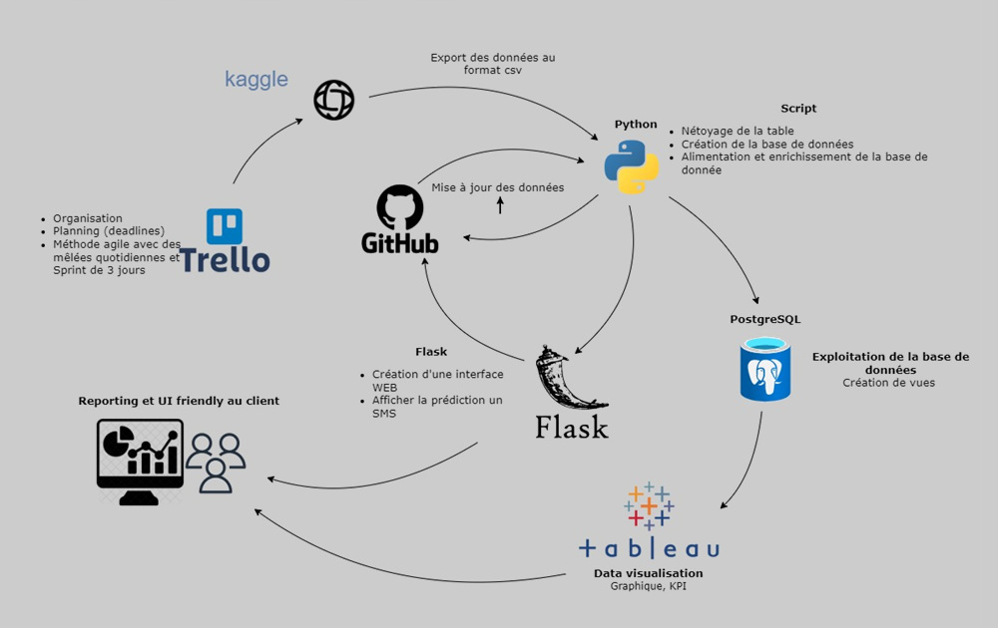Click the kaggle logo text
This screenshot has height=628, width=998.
[x=256, y=80]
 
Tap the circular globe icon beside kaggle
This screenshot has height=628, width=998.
[x=333, y=101]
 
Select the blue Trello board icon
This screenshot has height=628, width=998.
[x=225, y=226]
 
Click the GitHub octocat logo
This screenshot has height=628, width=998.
[x=400, y=208]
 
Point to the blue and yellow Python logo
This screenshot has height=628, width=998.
[x=631, y=166]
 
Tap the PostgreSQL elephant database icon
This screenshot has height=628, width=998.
[x=765, y=370]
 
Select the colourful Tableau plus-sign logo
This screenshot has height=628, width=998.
[x=649, y=506]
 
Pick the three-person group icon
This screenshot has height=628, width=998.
[x=216, y=463]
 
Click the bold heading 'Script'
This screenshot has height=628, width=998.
[x=798, y=109]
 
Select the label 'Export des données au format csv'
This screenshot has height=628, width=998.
[x=493, y=64]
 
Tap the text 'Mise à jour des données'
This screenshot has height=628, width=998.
[x=497, y=187]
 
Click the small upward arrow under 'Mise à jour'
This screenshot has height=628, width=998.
[x=501, y=205]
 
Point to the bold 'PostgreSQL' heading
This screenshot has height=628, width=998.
[x=765, y=320]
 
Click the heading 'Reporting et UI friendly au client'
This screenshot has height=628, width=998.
[x=179, y=401]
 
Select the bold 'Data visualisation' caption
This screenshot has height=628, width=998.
[x=648, y=573]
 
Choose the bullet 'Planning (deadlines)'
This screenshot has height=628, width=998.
[x=109, y=231]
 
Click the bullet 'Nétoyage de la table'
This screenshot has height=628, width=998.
[x=738, y=131]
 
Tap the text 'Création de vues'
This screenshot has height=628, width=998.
[x=888, y=383]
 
